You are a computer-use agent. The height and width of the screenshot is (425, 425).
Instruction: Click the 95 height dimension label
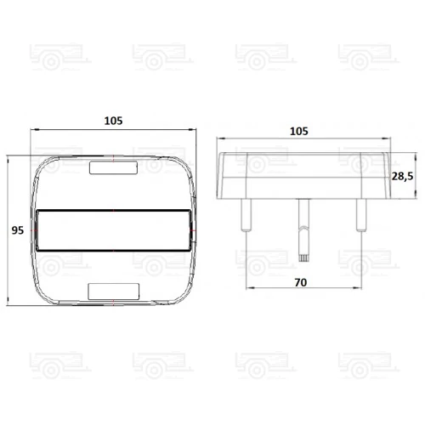(18, 230)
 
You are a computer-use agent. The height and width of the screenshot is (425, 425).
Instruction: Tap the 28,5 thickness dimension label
(402, 176)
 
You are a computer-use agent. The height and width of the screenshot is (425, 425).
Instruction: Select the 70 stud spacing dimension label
(301, 282)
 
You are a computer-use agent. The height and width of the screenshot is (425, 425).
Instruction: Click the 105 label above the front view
(113, 121)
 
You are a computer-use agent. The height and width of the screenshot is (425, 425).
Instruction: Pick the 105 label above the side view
(299, 131)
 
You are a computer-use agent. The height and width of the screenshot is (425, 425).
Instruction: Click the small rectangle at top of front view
(113, 167)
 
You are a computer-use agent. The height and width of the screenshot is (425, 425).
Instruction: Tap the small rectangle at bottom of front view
(114, 292)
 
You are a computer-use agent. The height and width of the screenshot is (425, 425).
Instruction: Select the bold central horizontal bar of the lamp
(113, 230)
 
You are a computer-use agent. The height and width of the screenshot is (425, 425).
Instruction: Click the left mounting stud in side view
(246, 215)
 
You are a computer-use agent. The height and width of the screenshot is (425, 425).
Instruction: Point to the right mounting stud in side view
(361, 215)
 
